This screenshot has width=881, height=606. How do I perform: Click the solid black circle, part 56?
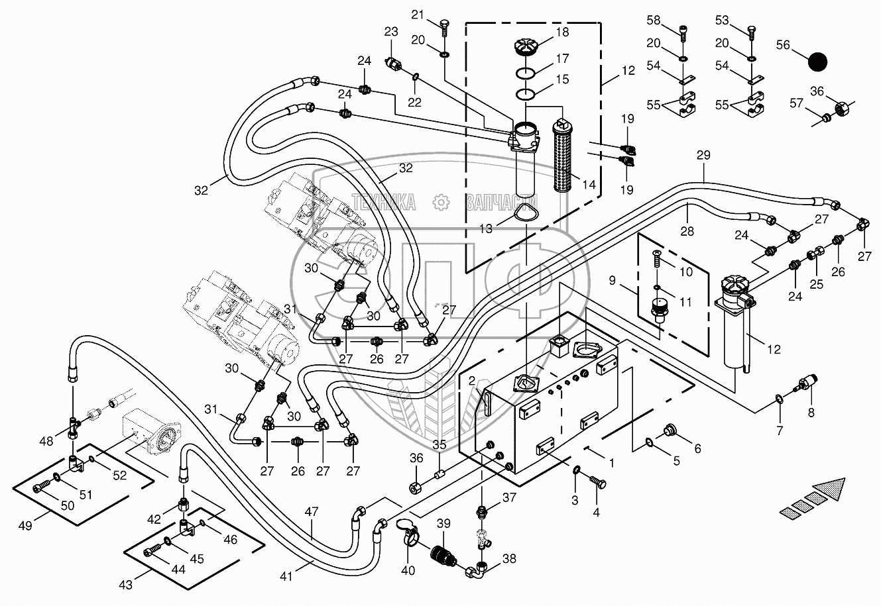tap(818, 63)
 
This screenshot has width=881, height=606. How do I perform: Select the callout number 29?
tap(703, 156)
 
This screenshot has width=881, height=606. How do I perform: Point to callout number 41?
tap(286, 577)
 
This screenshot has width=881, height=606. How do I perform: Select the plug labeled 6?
tap(669, 431)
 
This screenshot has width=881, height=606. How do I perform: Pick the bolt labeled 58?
tap(683, 30)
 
